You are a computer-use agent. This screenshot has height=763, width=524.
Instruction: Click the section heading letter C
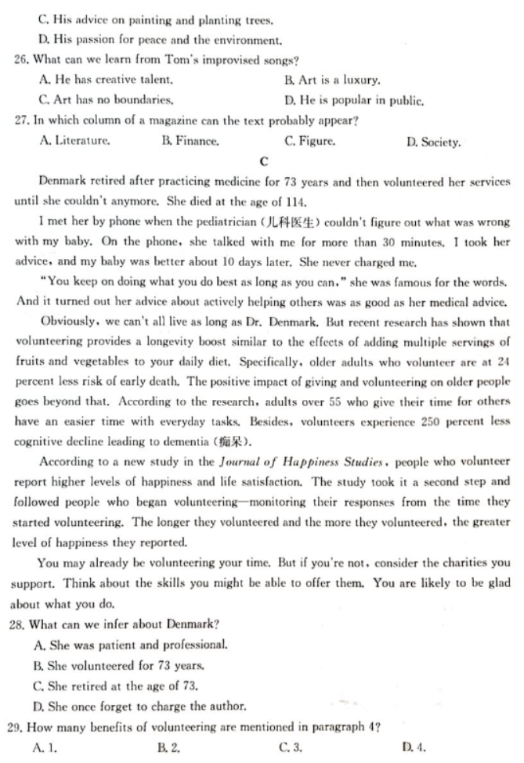263,162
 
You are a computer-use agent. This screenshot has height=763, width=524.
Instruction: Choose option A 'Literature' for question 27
74,141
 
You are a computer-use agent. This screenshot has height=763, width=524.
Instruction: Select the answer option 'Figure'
311,142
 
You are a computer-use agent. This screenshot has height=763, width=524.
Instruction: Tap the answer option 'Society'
435,142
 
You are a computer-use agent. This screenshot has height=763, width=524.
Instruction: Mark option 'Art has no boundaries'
106,100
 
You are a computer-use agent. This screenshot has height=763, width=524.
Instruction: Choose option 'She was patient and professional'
132,644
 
